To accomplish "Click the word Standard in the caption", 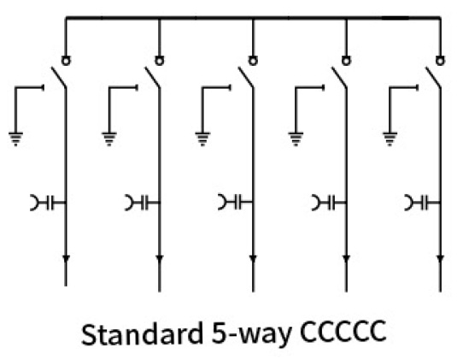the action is [x=143, y=333].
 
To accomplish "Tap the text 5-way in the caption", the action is [x=251, y=335].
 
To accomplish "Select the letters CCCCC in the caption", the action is [x=343, y=332].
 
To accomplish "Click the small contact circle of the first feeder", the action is [x=66, y=61].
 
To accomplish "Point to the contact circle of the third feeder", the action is [x=253, y=61].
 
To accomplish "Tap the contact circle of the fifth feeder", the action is [x=441, y=61].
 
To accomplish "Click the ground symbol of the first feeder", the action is [x=15, y=139].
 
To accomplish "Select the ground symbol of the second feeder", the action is [x=109, y=139].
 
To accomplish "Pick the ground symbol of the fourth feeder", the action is [x=296, y=139].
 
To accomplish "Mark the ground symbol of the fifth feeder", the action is [x=390, y=139].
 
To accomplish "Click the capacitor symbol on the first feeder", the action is [x=48, y=203].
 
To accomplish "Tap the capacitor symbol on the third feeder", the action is [x=236, y=203].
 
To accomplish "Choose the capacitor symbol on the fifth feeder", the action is [x=423, y=203].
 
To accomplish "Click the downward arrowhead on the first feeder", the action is [x=66, y=259].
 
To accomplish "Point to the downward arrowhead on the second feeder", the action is [x=160, y=259].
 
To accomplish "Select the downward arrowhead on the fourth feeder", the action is [x=347, y=259].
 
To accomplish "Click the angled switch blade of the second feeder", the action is [x=152, y=77].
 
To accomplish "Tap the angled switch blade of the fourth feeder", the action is [x=339, y=77].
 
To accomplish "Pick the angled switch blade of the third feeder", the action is [x=246, y=77].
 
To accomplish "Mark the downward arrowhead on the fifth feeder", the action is [x=441, y=259].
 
